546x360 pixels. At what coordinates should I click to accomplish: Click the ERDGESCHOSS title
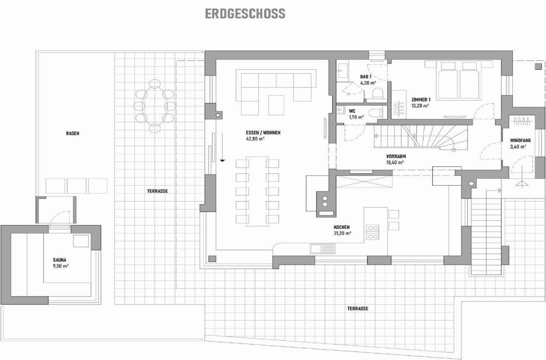[x=245, y=13]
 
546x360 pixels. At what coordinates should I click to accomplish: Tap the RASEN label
[x=73, y=133]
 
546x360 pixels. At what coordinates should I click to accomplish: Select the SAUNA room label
[x=60, y=260]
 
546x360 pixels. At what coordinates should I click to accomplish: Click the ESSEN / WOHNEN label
[x=263, y=133]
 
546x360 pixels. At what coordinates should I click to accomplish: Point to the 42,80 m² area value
[x=255, y=139]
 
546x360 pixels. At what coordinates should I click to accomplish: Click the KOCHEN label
[x=342, y=227]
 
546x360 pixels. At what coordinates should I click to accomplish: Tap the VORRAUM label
[x=396, y=156]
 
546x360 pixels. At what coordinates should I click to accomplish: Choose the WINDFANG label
[x=520, y=140]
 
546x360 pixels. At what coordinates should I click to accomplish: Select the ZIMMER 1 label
[x=421, y=100]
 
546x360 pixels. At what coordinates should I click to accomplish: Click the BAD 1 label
[x=366, y=77]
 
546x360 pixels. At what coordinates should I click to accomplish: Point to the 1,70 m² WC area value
[x=356, y=117]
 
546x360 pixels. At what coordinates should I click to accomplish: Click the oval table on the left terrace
[x=155, y=106]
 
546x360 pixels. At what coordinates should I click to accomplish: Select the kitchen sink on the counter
[x=323, y=249]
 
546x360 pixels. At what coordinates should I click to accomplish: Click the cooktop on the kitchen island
[x=372, y=232]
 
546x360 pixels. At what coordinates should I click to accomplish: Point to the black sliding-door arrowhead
[x=222, y=161]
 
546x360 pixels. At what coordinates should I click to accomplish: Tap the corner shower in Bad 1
[x=350, y=91]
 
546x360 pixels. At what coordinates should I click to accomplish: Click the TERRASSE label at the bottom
[x=358, y=308]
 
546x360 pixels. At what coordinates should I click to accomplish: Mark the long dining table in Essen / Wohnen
[x=257, y=191]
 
